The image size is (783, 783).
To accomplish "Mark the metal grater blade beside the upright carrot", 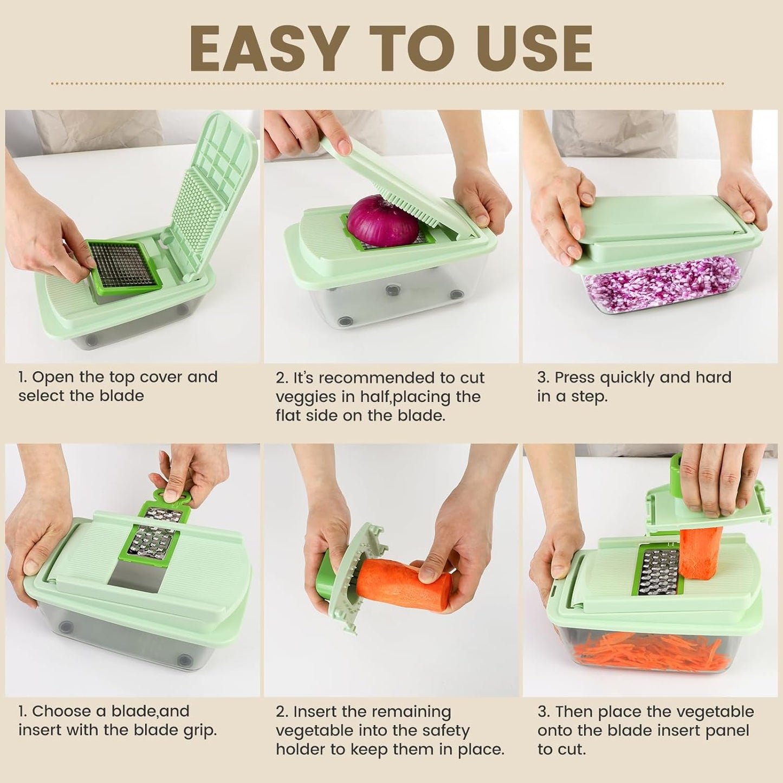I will point(657,572).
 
